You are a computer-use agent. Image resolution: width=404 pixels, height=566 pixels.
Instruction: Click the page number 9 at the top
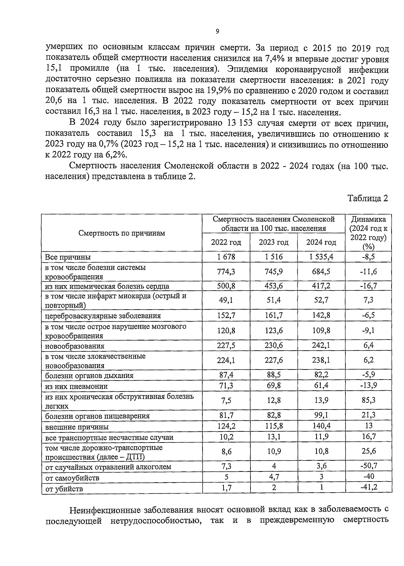[217, 31]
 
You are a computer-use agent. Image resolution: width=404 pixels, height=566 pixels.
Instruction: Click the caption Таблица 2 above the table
[368, 198]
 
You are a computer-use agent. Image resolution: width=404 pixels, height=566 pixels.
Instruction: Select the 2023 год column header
[273, 242]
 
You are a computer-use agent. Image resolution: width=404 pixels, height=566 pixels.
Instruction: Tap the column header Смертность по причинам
[122, 233]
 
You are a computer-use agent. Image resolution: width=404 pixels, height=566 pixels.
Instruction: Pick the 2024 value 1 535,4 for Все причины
[321, 257]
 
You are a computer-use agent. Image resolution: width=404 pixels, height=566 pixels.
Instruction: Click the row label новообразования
[75, 346]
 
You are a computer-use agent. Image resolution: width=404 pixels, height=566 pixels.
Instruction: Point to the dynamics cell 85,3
[369, 400]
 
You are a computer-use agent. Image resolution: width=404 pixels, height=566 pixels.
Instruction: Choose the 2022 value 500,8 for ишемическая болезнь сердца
[226, 286]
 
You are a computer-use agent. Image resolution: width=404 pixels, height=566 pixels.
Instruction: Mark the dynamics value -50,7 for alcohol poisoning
[369, 466]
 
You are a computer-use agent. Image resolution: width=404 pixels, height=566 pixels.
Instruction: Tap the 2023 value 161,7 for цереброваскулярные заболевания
[274, 315]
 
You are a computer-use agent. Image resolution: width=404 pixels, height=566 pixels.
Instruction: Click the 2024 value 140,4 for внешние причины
[321, 426]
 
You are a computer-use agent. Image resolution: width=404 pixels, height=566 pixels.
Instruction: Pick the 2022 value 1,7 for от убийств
[226, 488]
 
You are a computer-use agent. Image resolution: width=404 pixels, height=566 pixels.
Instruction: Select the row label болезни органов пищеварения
[97, 416]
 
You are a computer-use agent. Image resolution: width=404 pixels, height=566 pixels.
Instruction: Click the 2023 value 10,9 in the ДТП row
[274, 452]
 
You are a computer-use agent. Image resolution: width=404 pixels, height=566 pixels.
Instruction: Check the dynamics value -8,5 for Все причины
[369, 257]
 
